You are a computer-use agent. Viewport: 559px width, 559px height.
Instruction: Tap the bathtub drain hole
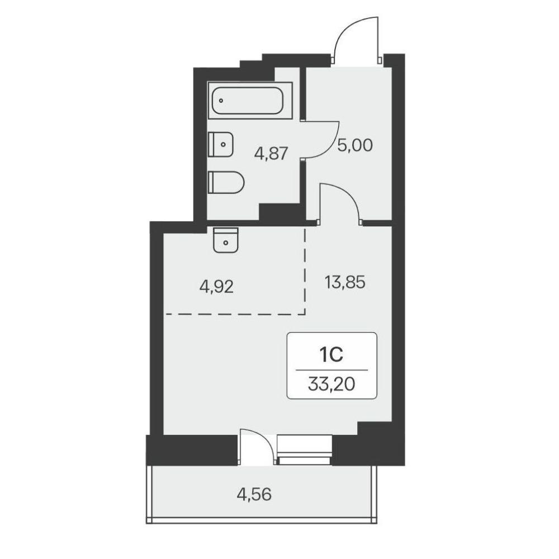221,101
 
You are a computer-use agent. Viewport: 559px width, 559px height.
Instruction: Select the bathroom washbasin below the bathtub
221,144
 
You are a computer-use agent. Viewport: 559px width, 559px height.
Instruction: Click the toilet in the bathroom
226,183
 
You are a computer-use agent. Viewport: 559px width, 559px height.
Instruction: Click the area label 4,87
271,154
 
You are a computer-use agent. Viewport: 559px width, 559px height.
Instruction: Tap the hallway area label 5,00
355,145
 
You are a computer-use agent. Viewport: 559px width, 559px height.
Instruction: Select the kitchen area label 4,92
216,287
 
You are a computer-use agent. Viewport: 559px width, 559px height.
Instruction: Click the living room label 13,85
345,283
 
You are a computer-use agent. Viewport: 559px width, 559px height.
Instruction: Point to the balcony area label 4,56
254,495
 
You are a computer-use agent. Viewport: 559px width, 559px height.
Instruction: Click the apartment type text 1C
331,355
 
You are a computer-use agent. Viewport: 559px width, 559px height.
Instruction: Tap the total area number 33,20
331,385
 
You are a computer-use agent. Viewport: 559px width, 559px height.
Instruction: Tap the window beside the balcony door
304,449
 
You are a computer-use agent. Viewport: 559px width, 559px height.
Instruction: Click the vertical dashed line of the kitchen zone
305,271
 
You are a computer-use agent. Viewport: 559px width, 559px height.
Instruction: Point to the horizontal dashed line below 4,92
235,314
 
